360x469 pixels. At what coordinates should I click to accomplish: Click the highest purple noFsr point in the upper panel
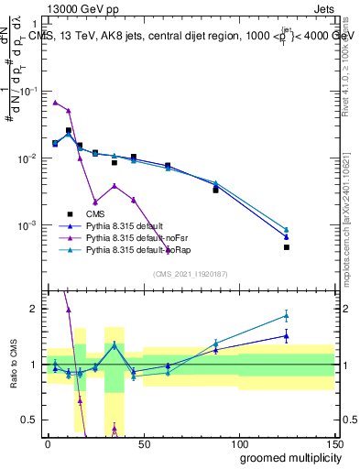pyautogui.click(x=56, y=103)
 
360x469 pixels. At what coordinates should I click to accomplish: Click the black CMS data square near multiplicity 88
pyautogui.click(x=215, y=190)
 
